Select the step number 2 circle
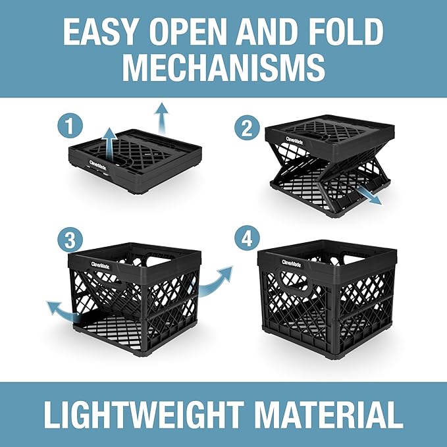tap(247, 126)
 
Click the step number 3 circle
tap(68, 240)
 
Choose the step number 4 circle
tap(247, 238)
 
